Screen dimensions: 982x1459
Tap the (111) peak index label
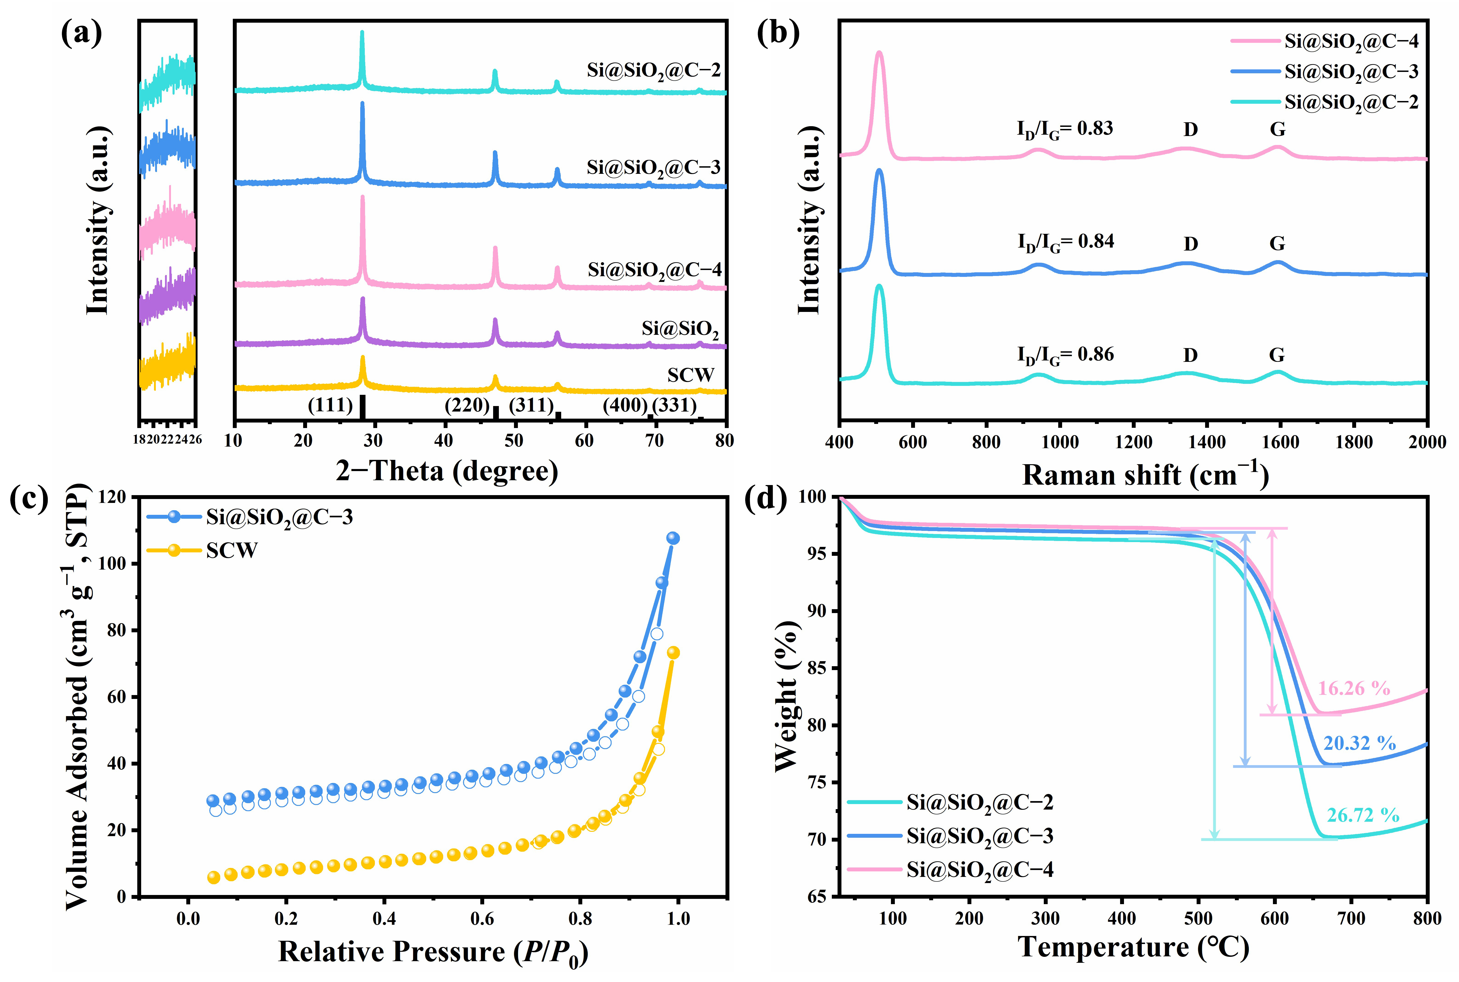(330, 405)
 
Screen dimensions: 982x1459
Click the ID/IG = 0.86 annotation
(1065, 355)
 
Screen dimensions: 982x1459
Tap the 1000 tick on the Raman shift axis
(1060, 442)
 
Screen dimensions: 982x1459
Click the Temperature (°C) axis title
(1133, 947)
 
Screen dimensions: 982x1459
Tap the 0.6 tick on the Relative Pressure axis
(482, 919)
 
